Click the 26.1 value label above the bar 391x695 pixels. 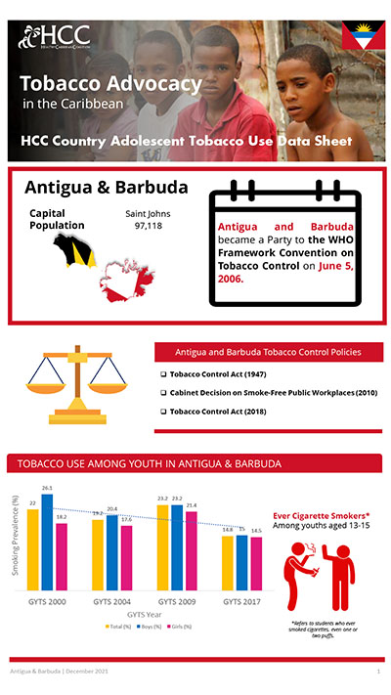[47, 488]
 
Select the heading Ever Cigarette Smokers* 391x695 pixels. [321, 515]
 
